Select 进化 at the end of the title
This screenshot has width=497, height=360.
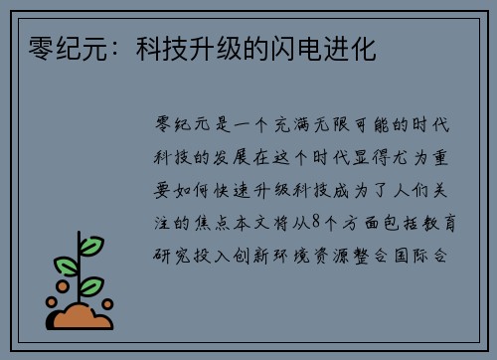point(355,49)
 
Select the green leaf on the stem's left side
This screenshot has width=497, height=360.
point(67,266)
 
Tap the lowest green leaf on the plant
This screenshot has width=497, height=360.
point(91,286)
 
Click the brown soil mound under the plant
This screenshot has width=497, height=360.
point(81,317)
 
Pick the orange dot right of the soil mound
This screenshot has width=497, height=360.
point(107,304)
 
